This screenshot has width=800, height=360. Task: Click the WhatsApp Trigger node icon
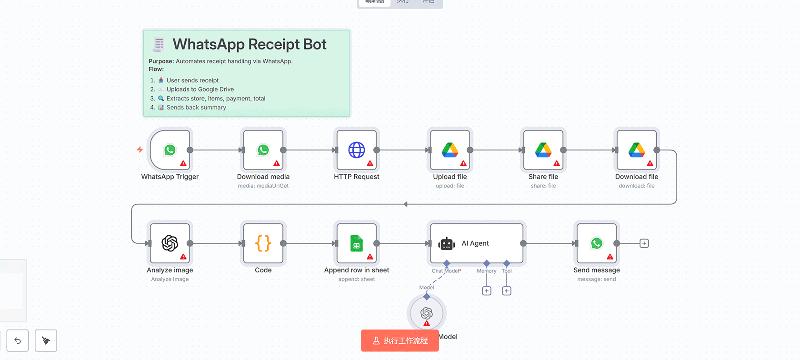click(x=170, y=150)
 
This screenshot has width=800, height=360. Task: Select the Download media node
click(x=263, y=150)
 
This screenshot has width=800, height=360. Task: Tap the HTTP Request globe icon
click(x=356, y=150)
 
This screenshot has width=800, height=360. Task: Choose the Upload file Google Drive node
click(x=450, y=150)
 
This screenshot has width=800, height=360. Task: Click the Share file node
click(x=543, y=150)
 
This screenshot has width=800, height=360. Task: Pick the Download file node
click(x=636, y=150)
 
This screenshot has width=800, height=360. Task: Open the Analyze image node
click(x=170, y=243)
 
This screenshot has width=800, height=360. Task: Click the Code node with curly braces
click(x=263, y=243)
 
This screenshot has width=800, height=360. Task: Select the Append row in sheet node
click(x=356, y=243)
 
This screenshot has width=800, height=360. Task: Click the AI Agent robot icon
click(x=447, y=243)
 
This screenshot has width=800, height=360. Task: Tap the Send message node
click(x=596, y=243)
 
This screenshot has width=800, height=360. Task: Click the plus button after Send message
click(x=644, y=243)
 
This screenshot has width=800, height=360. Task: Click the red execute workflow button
click(x=400, y=340)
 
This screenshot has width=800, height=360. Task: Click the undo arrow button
click(x=18, y=340)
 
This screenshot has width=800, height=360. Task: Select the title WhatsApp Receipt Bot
click(x=249, y=44)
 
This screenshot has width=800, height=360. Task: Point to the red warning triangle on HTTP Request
click(x=370, y=163)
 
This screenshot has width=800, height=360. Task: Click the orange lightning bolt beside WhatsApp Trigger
click(x=140, y=150)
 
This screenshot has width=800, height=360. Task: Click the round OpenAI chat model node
click(x=427, y=313)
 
